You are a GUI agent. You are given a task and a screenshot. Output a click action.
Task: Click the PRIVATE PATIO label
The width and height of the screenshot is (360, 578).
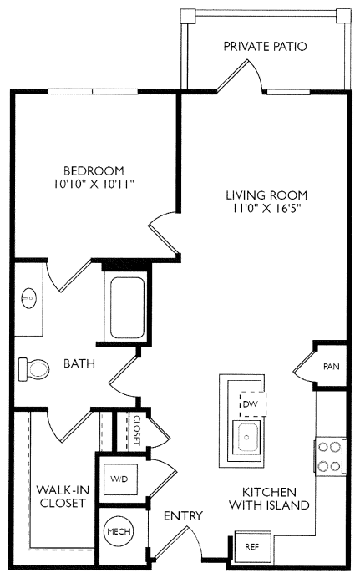point(265,47)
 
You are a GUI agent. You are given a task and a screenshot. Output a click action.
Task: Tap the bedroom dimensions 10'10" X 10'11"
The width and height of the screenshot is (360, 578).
point(94,184)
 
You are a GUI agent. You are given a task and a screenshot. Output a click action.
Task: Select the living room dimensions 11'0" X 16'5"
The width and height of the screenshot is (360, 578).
point(266,208)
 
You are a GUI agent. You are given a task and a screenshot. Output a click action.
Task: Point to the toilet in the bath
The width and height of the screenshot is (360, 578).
point(33,368)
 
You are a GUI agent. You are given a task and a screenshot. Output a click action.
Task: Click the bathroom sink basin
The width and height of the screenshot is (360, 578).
point(29,297)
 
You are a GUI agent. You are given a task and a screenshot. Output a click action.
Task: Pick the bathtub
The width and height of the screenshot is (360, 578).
point(127,307)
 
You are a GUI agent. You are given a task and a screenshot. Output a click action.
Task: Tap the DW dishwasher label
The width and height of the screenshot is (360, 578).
point(251,404)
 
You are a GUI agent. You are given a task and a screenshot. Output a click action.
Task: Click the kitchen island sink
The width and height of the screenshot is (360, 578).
point(247,437)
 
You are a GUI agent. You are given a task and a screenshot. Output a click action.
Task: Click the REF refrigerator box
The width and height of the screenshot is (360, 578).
point(253,546)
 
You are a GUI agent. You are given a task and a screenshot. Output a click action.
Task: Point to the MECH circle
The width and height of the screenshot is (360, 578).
point(119,531)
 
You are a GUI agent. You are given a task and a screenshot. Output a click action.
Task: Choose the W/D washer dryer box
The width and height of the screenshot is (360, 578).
point(119,479)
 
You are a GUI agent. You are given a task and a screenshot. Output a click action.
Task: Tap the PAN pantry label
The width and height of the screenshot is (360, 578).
point(332,367)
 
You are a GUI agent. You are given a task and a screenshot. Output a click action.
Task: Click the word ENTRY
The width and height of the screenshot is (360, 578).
point(183,515)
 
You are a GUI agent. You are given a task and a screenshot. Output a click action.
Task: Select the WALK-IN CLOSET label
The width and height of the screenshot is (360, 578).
point(63,496)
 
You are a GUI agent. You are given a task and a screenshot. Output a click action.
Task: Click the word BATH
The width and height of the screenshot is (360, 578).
point(79,363)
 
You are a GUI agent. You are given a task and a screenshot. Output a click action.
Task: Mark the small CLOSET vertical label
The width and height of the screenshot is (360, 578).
point(137,430)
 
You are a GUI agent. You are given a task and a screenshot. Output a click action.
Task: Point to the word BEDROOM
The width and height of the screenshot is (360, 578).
point(94,170)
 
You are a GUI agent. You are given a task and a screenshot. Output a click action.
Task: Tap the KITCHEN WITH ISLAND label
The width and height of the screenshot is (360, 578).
point(269,499)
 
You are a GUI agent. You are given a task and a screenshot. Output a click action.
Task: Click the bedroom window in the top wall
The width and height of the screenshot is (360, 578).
point(93,91)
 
